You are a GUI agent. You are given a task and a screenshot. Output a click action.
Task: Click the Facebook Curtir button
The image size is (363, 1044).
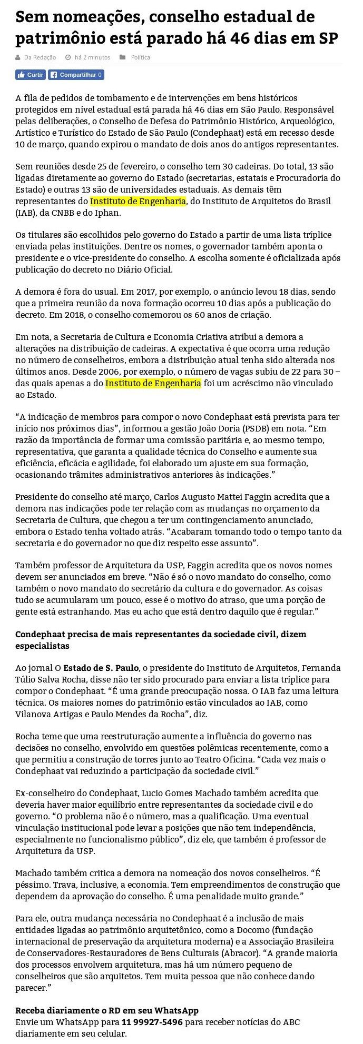point(31,75)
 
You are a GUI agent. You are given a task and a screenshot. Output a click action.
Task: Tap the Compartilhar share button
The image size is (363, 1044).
point(76,75)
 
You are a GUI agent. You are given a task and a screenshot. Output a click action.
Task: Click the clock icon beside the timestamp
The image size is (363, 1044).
point(67,57)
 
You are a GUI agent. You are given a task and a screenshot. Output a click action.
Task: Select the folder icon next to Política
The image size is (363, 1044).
point(123,57)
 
